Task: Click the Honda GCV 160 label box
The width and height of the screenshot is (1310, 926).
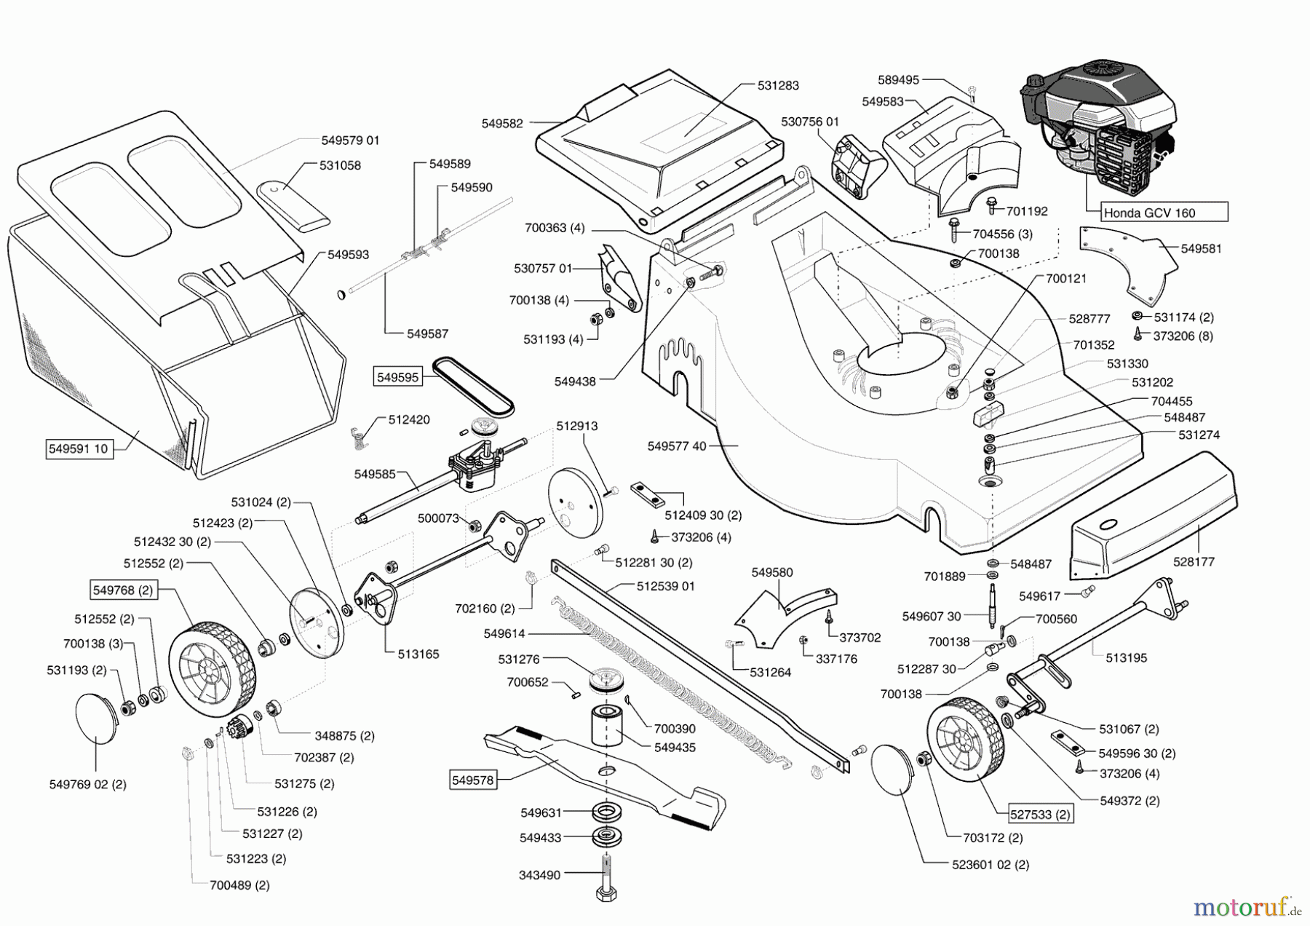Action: click(1162, 213)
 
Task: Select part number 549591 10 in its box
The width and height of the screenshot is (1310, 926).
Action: click(78, 448)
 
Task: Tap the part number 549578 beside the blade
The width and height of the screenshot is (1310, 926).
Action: click(472, 780)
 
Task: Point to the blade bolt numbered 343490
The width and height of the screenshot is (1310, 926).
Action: click(606, 877)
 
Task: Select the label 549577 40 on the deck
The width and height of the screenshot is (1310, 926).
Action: click(676, 446)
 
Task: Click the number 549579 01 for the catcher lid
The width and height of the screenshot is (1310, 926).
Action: click(350, 140)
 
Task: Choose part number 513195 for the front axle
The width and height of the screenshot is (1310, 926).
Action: click(1126, 657)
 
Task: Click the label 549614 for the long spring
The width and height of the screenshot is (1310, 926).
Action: click(504, 634)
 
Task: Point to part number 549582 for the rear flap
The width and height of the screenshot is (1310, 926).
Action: click(501, 124)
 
